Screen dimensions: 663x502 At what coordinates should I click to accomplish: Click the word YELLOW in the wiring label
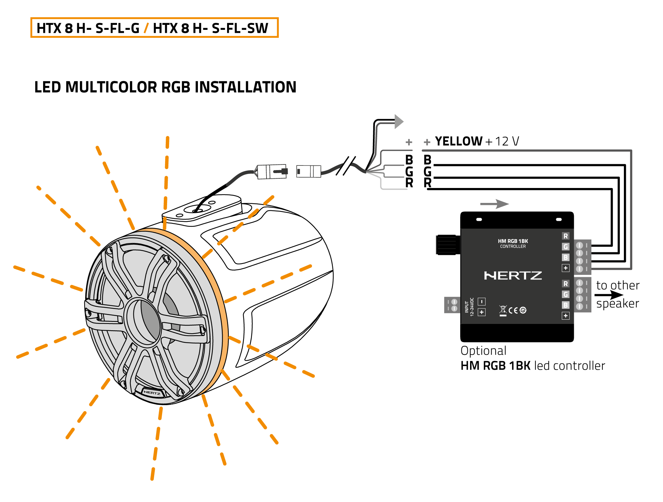coord(458,141)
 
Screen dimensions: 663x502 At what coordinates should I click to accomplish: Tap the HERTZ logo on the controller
coord(513,276)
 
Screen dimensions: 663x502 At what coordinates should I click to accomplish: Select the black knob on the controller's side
coord(448,245)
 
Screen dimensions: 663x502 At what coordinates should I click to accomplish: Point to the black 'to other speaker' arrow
coord(609,295)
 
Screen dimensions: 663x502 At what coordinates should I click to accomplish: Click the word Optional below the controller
coord(483,351)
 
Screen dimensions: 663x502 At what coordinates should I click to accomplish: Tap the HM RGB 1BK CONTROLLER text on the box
coord(513,243)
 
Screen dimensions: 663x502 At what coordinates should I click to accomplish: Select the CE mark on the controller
coord(513,310)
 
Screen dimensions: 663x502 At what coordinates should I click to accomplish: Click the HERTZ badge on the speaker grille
coord(152,393)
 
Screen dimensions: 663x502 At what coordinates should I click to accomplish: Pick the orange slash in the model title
coord(146,28)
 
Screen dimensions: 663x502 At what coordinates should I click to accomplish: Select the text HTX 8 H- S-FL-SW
coord(211,28)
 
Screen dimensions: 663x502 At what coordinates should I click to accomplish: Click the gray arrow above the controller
coord(495,204)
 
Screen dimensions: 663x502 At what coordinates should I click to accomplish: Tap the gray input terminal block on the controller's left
coord(452,305)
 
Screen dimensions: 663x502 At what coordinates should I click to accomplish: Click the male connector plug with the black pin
coord(272,171)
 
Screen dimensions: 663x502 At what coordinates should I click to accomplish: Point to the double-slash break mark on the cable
coord(346,166)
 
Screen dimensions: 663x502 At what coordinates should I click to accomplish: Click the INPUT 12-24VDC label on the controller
coord(469,307)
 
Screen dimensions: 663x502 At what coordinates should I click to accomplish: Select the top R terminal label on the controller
coord(566,236)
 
